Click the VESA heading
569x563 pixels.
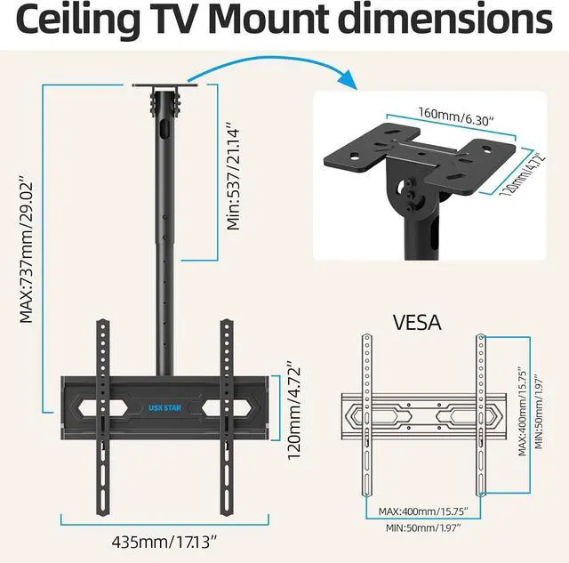pos(416,321)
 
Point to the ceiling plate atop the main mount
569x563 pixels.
pos(167,87)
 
